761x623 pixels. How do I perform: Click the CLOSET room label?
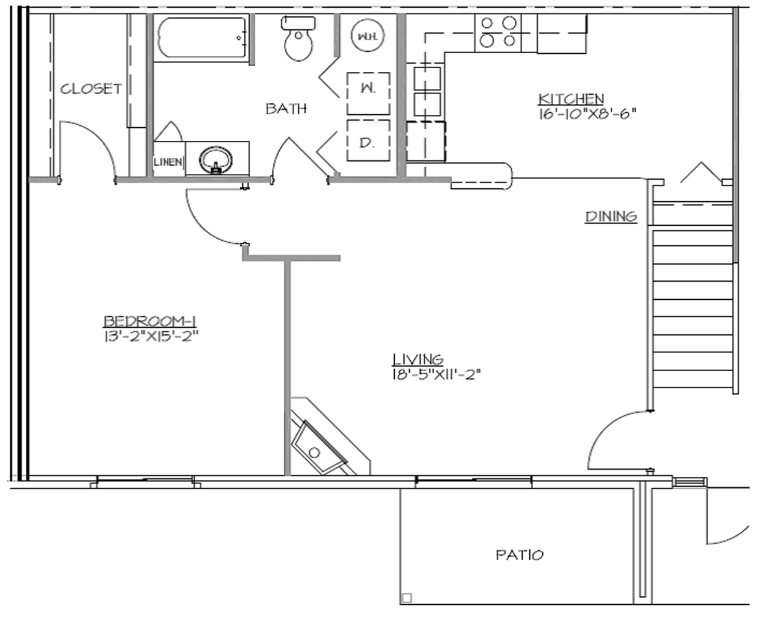point(91,89)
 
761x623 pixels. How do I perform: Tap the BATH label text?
point(286,109)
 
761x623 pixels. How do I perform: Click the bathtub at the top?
point(201,40)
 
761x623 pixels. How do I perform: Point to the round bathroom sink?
point(215,159)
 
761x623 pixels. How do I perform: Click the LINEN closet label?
point(168,162)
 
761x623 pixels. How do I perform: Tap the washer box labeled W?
point(368,91)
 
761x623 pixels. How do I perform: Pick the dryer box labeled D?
point(368,140)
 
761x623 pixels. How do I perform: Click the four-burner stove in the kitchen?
point(497,32)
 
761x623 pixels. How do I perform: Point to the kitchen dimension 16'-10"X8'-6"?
point(586,114)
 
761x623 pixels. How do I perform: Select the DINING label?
point(611,217)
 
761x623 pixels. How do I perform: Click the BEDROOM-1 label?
point(151,321)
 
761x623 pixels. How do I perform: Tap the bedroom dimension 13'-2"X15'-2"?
point(151,336)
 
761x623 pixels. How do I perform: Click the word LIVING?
point(418,359)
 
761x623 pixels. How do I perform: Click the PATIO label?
point(519,556)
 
